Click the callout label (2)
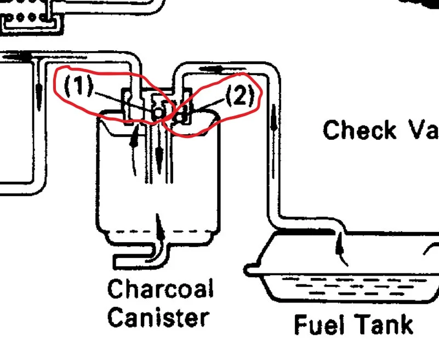coord(240,96)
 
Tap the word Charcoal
coord(160,289)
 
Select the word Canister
coord(158,317)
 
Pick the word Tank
coord(385,325)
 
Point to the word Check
coord(360,130)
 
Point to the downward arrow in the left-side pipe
coord(39,93)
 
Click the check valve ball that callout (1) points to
coord(158,112)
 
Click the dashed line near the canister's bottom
coord(158,232)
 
